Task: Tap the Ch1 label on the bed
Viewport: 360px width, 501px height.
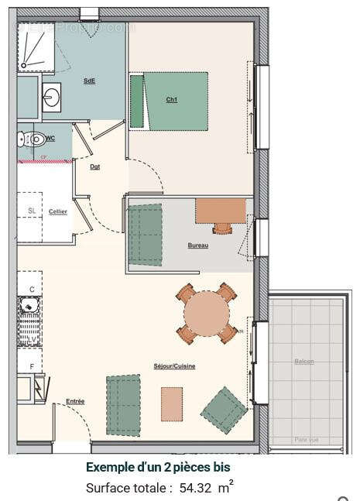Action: coord(171,100)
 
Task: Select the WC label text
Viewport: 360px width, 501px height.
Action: coord(50,139)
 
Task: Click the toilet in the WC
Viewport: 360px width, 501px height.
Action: coord(32,140)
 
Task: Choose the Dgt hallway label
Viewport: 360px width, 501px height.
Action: coord(94,166)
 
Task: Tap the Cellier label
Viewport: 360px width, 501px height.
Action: coord(57,211)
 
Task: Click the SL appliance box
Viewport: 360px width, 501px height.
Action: coord(32,211)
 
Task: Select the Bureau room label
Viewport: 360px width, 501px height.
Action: coord(197,245)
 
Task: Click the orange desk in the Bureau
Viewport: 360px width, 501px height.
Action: coord(221,210)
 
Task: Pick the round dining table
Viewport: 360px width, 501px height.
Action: coord(207,314)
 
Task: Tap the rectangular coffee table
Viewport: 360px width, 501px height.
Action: coord(172,403)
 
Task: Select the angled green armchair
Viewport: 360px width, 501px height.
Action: coord(224,410)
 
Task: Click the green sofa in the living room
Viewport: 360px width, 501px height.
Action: coord(123,404)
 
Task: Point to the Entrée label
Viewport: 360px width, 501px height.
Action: coord(75,401)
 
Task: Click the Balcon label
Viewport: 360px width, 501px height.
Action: coord(304,362)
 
